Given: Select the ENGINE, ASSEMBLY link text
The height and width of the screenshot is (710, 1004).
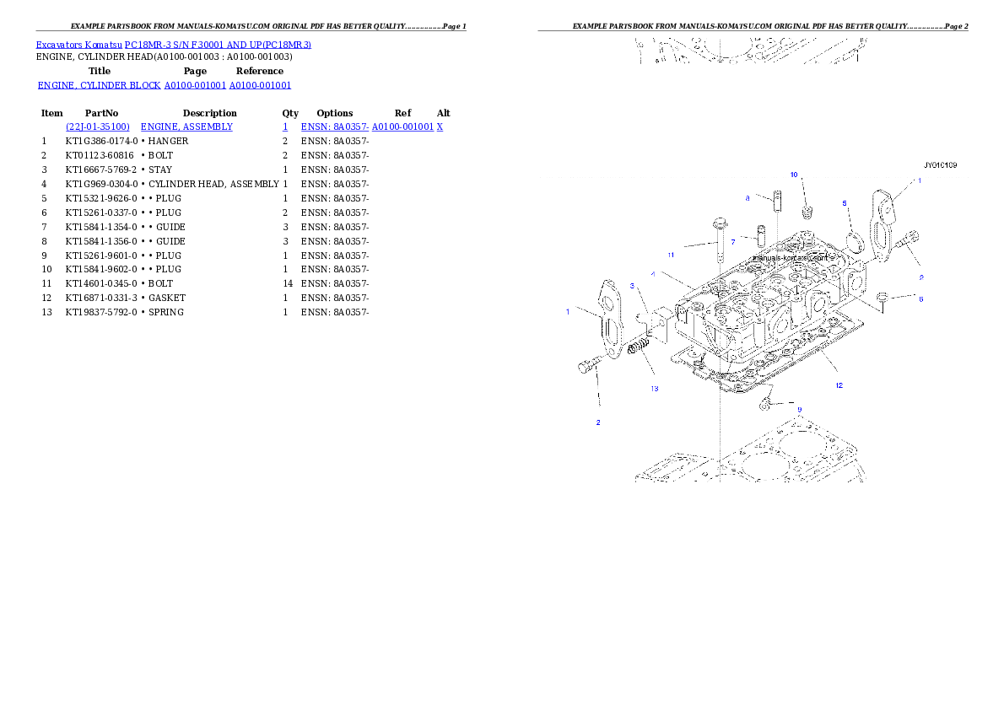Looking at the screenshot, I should click(186, 126).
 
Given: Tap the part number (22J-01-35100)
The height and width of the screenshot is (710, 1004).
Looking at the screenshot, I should click(98, 126).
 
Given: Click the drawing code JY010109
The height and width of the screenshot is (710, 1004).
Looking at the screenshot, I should click(940, 165).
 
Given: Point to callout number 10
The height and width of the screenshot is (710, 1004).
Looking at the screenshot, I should click(794, 175).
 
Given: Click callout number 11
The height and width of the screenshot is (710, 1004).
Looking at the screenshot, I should click(671, 254).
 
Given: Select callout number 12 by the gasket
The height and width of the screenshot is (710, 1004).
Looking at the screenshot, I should click(839, 385).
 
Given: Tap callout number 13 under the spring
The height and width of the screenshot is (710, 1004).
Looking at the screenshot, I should click(654, 389).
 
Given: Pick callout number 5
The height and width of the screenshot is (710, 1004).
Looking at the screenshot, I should click(845, 203).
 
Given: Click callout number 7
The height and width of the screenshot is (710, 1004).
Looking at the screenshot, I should click(732, 242).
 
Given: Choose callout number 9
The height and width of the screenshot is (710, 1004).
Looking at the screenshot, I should click(799, 409).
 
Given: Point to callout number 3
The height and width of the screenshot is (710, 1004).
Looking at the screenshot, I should click(632, 286).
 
